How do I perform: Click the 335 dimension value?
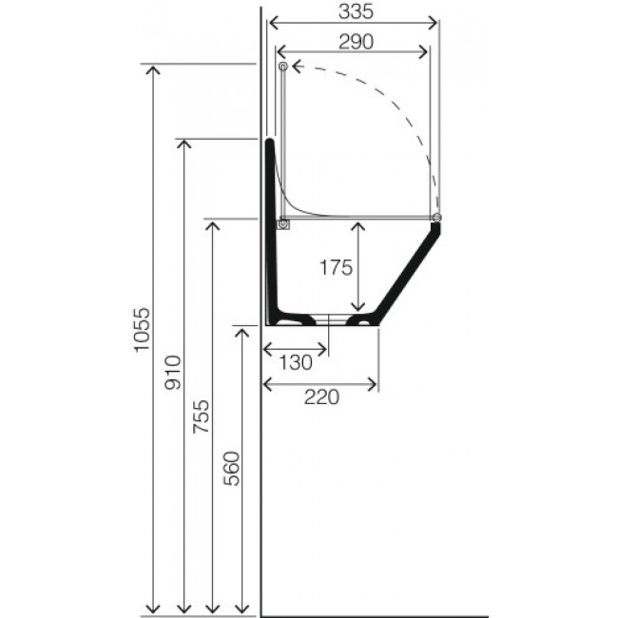pyautogui.click(x=356, y=11)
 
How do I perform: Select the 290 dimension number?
pyautogui.click(x=356, y=42)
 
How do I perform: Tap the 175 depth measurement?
pyautogui.click(x=336, y=267)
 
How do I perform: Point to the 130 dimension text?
pyautogui.click(x=296, y=362)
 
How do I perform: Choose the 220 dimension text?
pyautogui.click(x=321, y=396)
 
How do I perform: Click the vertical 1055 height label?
pyautogui.click(x=142, y=330)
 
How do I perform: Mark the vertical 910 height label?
pyautogui.click(x=173, y=373)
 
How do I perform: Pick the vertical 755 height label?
pyautogui.click(x=202, y=416)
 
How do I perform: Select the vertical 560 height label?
pyautogui.click(x=231, y=468)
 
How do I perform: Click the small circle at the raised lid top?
pyautogui.click(x=283, y=67)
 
